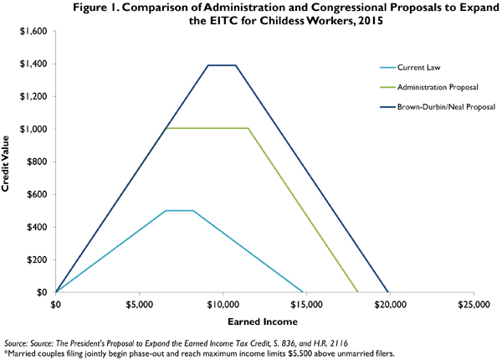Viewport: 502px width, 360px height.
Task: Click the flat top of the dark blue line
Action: (222, 65)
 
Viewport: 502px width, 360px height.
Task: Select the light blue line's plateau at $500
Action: (179, 211)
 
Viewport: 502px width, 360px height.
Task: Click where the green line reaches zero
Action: (357, 292)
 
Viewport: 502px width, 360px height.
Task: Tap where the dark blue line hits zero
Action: (387, 292)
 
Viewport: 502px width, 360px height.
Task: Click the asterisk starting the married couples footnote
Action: (5, 353)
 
